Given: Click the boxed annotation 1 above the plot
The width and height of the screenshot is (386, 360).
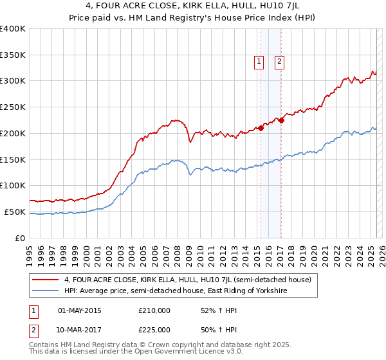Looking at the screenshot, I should [x=259, y=62].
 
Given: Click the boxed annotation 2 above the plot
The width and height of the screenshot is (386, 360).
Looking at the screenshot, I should [x=280, y=62].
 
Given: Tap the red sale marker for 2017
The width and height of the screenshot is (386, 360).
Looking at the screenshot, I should [x=282, y=120].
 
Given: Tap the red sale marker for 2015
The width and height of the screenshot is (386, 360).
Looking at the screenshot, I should [x=261, y=127].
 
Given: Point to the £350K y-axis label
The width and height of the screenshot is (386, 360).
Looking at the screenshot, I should [x=13, y=55].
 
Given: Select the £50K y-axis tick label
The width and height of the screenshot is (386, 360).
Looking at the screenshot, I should [x=15, y=212].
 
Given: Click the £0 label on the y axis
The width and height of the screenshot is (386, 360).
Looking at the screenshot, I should [x=21, y=238].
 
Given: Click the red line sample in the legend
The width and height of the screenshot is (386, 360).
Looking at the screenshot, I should [x=45, y=280].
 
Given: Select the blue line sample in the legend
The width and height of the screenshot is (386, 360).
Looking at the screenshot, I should [x=45, y=291].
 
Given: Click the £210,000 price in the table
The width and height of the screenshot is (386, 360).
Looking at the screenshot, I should [x=154, y=310].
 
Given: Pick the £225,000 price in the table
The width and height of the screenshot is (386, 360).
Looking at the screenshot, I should [x=154, y=330].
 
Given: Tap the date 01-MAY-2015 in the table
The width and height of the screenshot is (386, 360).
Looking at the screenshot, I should [x=79, y=310].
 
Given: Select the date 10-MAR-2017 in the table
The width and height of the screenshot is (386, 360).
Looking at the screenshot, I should [x=79, y=330].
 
